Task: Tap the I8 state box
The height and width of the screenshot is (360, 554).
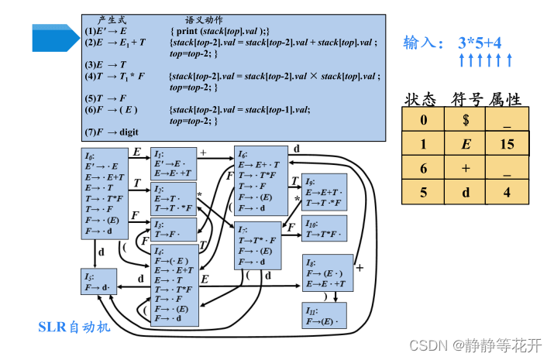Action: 328,273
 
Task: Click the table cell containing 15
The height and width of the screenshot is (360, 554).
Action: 508,144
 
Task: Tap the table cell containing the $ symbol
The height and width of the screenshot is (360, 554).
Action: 465,120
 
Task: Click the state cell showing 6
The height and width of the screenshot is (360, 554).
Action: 423,167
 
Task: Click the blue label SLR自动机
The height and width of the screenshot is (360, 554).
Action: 74,327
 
